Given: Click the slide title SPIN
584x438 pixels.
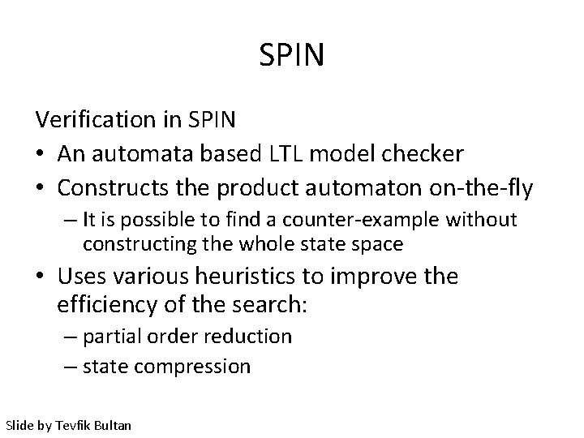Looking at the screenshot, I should click(292, 56).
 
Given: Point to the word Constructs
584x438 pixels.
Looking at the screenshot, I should click(109, 188).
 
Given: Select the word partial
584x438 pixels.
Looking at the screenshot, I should click(111, 337).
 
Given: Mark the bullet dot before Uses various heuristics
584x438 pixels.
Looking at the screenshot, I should click(41, 277).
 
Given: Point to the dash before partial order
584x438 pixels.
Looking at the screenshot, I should click(71, 337).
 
